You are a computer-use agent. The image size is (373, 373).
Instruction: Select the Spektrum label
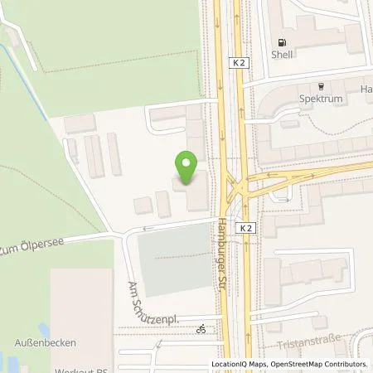click(322, 99)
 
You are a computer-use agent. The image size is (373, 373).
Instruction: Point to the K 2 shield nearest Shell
click(239, 63)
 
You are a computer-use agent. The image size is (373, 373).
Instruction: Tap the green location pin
click(187, 168)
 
